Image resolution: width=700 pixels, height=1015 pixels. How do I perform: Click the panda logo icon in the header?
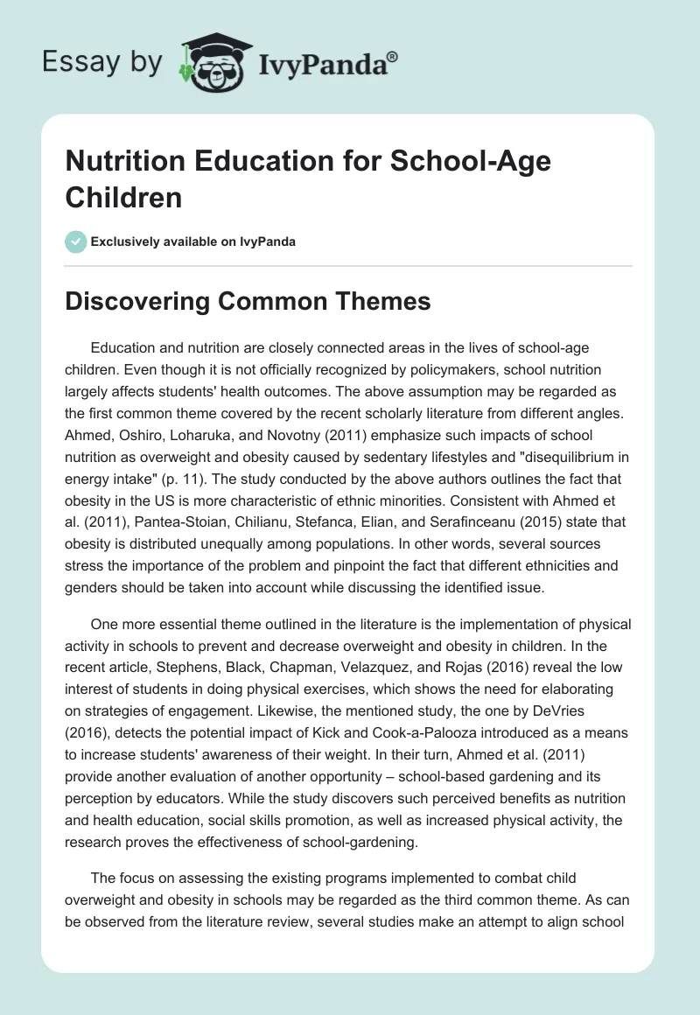click(212, 62)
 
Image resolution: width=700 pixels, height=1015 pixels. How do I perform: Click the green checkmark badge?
click(76, 241)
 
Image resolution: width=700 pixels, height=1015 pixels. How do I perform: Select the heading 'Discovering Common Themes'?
click(248, 302)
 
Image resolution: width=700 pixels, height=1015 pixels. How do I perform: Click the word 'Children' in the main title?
click(124, 197)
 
